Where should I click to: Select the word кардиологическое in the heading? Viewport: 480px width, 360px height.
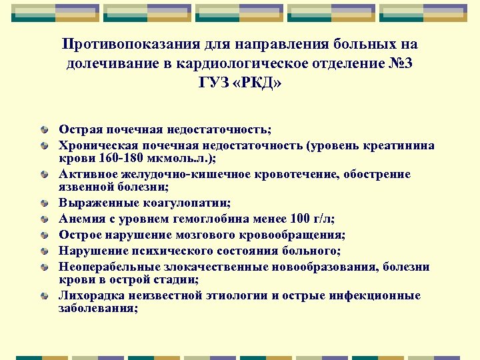[x=254, y=64]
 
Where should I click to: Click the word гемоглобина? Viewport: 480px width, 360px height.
[x=211, y=218]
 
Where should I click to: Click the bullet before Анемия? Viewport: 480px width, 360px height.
[x=44, y=219]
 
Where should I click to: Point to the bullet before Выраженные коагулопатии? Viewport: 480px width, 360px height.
[x=44, y=203]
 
